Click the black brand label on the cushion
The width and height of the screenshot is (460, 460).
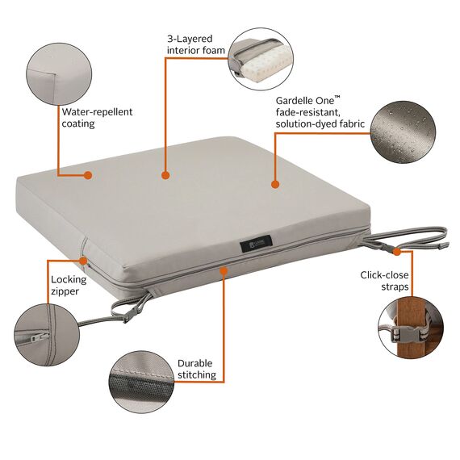click(256, 244)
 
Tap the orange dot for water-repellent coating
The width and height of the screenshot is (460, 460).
click(88, 175)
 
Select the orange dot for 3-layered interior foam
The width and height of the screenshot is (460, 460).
click(165, 175)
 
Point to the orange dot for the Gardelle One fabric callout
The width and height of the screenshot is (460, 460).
click(275, 184)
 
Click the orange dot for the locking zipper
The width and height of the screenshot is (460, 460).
click(84, 261)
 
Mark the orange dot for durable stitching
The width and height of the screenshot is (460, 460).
click(224, 271)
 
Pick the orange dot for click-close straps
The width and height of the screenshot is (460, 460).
click(396, 252)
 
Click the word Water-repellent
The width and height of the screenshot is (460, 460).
click(97, 112)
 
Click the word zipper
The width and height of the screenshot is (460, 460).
click(65, 291)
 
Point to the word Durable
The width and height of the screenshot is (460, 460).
click(194, 363)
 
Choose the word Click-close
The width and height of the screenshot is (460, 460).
click(384, 275)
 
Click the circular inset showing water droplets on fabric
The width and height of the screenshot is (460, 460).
click(403, 132)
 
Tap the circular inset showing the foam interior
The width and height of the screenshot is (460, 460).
click(261, 59)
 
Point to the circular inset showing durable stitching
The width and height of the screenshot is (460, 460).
click(141, 382)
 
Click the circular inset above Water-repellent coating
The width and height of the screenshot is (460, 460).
click(59, 74)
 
